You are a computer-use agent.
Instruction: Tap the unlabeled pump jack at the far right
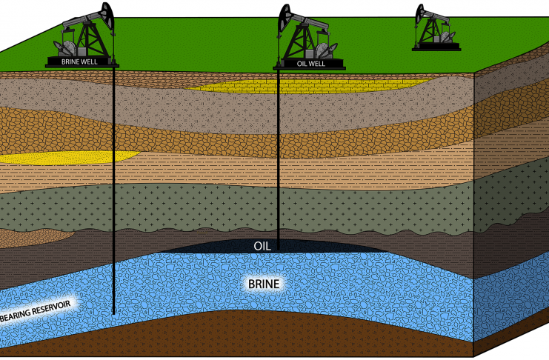point(436,30)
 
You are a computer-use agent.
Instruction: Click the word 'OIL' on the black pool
point(262,246)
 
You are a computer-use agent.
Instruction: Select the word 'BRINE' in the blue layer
point(265,283)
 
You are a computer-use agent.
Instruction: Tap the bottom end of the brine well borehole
point(114,313)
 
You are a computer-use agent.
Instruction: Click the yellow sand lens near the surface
point(296,87)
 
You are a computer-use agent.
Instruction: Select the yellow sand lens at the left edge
point(67,157)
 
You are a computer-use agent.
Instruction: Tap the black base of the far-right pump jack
point(436,48)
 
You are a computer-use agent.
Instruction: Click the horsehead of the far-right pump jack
point(422,13)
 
